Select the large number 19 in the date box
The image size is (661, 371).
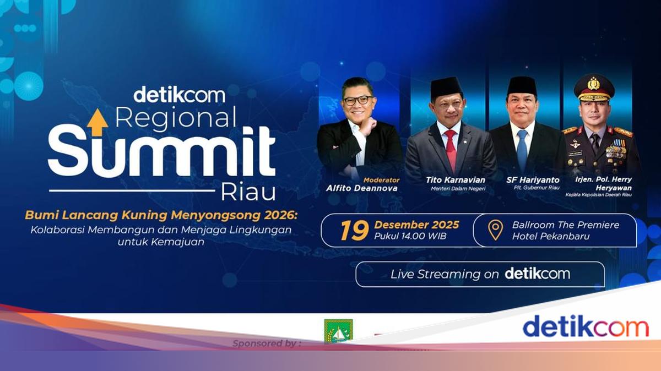(x=354, y=230)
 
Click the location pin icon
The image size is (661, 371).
(x=495, y=230)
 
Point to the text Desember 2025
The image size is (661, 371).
(x=416, y=225)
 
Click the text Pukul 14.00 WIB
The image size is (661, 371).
(x=410, y=236)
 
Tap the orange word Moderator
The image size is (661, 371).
(x=381, y=180)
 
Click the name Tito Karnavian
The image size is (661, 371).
(x=456, y=180)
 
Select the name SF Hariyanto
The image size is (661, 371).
(x=533, y=180)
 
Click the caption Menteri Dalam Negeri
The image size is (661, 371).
(x=458, y=189)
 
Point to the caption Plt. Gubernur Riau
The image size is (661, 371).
(x=537, y=188)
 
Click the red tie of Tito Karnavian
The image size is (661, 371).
(x=451, y=150)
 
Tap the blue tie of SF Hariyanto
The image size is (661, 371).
(x=522, y=149)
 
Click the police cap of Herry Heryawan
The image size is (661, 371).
(x=594, y=87)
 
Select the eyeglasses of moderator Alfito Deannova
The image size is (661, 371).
(x=357, y=100)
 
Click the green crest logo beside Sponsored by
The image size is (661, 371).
(x=338, y=331)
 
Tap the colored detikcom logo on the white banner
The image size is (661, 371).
(x=586, y=326)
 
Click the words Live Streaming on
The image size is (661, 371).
(x=445, y=274)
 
